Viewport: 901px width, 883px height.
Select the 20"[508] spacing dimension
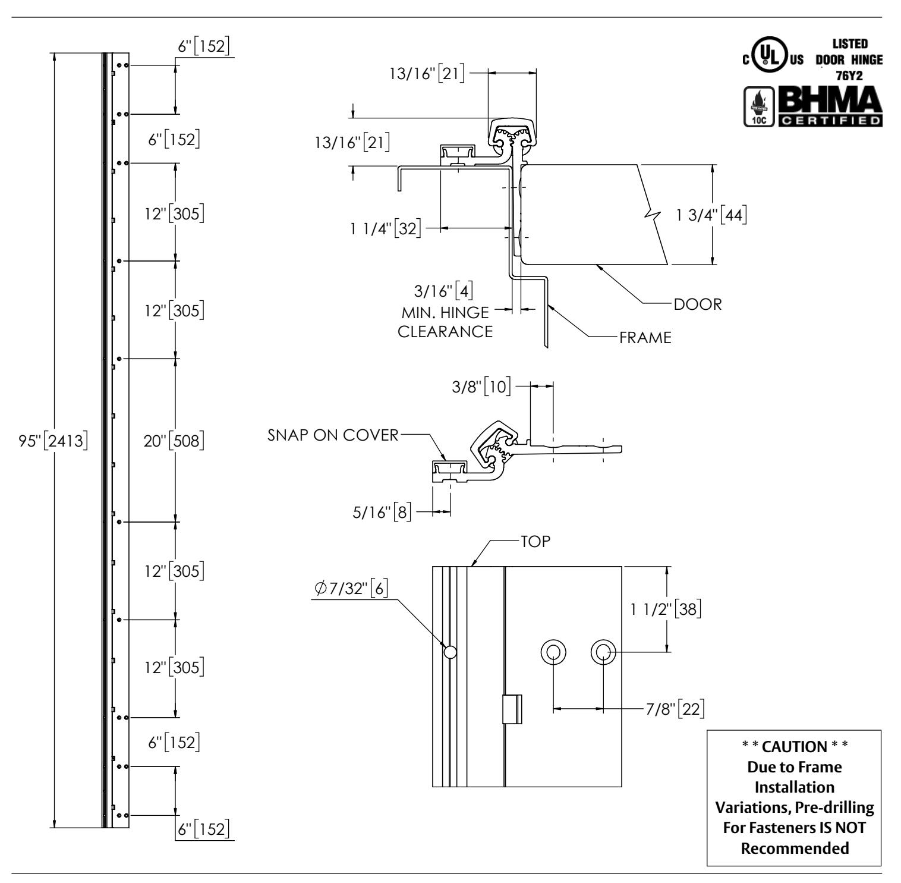(x=175, y=441)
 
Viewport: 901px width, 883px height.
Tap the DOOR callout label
(x=697, y=304)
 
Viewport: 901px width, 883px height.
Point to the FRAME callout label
(x=645, y=338)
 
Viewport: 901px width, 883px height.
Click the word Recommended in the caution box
(x=795, y=849)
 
